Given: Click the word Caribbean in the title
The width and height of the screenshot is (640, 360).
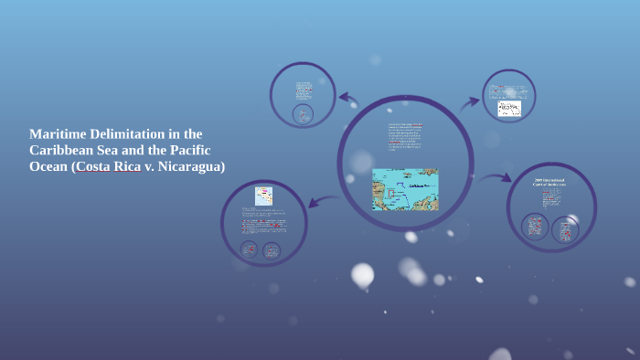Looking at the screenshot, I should pyautogui.click(x=62, y=150).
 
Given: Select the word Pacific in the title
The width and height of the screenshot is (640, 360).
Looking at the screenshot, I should pyautogui.click(x=201, y=150).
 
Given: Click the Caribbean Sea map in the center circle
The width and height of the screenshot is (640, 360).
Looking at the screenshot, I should pyautogui.click(x=405, y=189).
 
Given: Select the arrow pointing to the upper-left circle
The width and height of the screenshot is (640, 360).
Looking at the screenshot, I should pyautogui.click(x=348, y=98).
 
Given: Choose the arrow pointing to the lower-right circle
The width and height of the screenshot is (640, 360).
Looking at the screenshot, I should pyautogui.click(x=495, y=178).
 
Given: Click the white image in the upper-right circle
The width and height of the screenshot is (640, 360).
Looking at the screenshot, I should pyautogui.click(x=509, y=108).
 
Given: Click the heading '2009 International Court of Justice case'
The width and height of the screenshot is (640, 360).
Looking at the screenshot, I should pyautogui.click(x=550, y=184).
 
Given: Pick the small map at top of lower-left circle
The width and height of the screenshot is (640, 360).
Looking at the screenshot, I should pyautogui.click(x=263, y=196).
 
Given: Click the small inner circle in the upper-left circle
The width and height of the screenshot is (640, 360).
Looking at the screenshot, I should pyautogui.click(x=303, y=114).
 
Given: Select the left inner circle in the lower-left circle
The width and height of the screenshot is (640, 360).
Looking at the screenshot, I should pyautogui.click(x=249, y=249).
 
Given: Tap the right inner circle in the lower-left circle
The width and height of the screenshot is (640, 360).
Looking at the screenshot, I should pyautogui.click(x=272, y=249).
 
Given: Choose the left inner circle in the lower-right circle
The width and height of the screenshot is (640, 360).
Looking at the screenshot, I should pyautogui.click(x=535, y=227).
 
